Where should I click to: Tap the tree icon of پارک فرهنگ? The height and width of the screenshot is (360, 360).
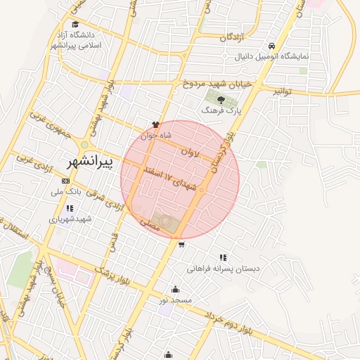(x=221, y=100)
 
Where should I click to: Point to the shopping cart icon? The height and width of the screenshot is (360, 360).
(x=182, y=245)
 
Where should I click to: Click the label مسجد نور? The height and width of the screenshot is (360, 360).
(x=174, y=300)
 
